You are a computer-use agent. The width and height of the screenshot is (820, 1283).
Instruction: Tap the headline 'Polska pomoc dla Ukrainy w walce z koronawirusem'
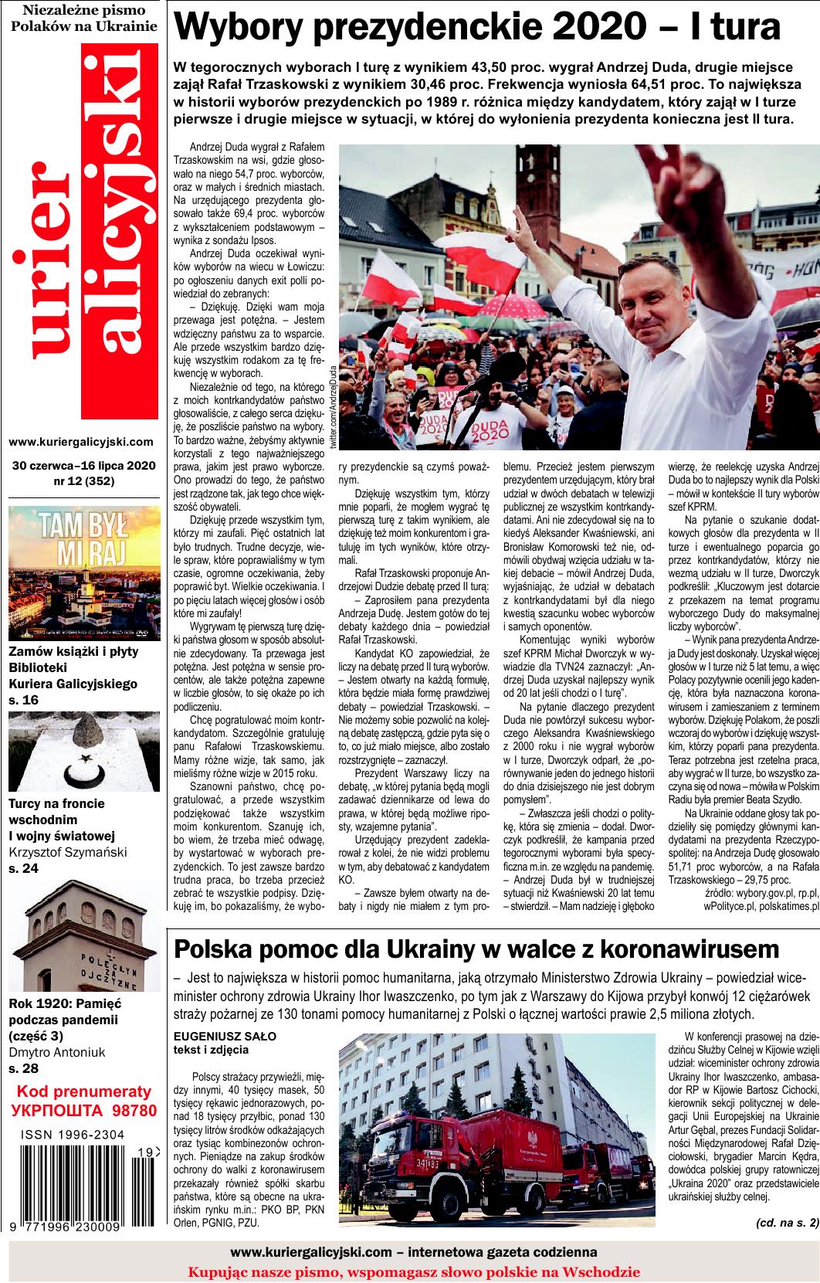[x=477, y=971]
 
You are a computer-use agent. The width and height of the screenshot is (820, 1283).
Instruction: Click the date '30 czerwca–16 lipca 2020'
[x=84, y=466]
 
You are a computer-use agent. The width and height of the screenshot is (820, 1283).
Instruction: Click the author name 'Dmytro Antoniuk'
[x=57, y=1052]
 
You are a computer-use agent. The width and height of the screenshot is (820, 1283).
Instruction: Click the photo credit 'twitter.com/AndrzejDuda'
[x=334, y=406]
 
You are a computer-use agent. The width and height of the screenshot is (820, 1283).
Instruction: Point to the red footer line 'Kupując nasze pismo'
[x=413, y=1271]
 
